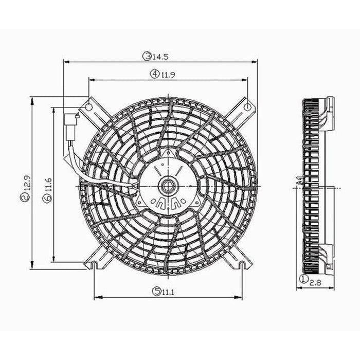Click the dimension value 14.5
click(x=157, y=56)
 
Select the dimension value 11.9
click(x=166, y=75)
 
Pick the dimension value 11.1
click(x=168, y=292)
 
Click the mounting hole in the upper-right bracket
click(x=247, y=107)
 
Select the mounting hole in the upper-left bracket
click(x=88, y=107)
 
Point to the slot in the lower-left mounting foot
click(x=94, y=264)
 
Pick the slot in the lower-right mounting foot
click(x=242, y=264)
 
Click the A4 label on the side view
click(x=298, y=181)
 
